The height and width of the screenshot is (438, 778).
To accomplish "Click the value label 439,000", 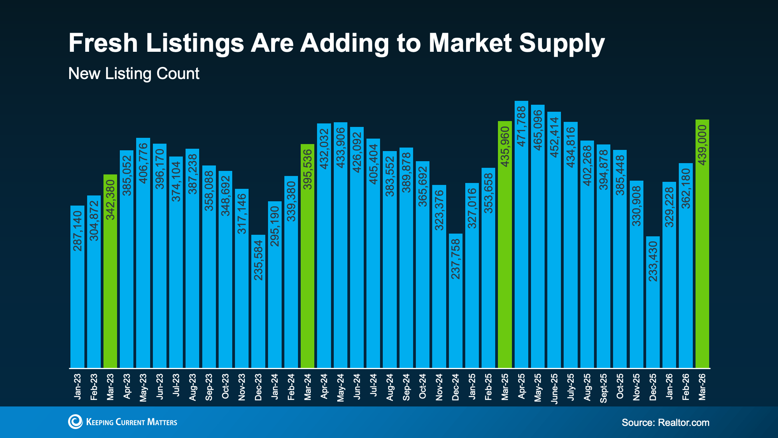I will point(702,145).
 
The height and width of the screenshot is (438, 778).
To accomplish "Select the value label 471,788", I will point(521,127).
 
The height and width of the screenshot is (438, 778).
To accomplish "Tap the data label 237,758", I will point(456,259).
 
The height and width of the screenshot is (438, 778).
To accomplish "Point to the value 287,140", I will point(77,231).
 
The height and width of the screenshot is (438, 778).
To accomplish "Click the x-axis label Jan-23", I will point(77,387).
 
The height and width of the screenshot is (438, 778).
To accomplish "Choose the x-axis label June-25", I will point(554,388).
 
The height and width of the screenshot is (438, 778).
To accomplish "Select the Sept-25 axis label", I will point(603,388).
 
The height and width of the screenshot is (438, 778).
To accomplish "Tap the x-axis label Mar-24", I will point(308,387).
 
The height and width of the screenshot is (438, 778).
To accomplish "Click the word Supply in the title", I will point(562,44).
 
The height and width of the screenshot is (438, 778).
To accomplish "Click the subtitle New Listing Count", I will point(134,74).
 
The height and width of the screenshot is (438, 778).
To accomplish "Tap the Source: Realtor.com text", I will point(665,422).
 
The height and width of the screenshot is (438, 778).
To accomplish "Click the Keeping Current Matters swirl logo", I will point(75,422).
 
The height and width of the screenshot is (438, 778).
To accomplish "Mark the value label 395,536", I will point(308,169).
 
